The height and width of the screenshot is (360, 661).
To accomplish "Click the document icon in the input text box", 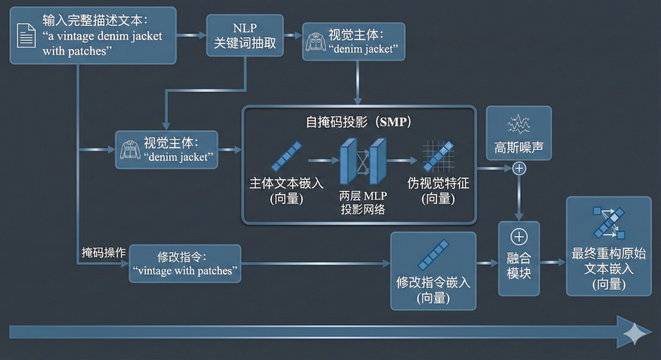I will coord(26,36).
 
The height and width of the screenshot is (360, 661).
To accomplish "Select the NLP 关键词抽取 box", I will coord(245,36).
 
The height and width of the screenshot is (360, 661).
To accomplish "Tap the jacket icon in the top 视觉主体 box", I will coord(316,42).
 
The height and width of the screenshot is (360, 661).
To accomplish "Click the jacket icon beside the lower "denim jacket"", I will coord(130,150).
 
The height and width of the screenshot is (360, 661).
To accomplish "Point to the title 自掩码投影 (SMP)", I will coord(358,122).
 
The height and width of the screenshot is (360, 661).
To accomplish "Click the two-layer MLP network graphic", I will coord(363,161).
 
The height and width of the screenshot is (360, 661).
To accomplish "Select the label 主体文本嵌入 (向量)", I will coord(286,191).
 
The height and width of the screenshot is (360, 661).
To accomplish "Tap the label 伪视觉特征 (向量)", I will coord(438,191).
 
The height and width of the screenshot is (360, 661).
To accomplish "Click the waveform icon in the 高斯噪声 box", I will coord(518,124).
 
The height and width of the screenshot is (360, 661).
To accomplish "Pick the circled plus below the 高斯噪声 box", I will coord(519,168).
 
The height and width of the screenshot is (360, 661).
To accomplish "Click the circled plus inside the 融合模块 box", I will coord(519,237).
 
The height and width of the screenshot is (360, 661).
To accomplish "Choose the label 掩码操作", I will coord(103,252).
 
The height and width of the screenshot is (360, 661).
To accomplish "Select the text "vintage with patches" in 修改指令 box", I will coord(185,271).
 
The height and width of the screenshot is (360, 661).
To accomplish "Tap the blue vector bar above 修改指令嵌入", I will coord(433,254).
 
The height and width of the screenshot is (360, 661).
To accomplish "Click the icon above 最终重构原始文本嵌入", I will coord(609,223).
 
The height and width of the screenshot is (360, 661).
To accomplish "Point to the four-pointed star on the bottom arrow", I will coord(635,333).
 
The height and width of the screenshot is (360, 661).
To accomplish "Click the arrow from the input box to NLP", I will coord(191,36).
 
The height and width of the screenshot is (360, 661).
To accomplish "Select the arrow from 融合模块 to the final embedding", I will coord(553,262).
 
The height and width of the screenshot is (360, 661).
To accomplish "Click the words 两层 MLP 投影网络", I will coord(363,202).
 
